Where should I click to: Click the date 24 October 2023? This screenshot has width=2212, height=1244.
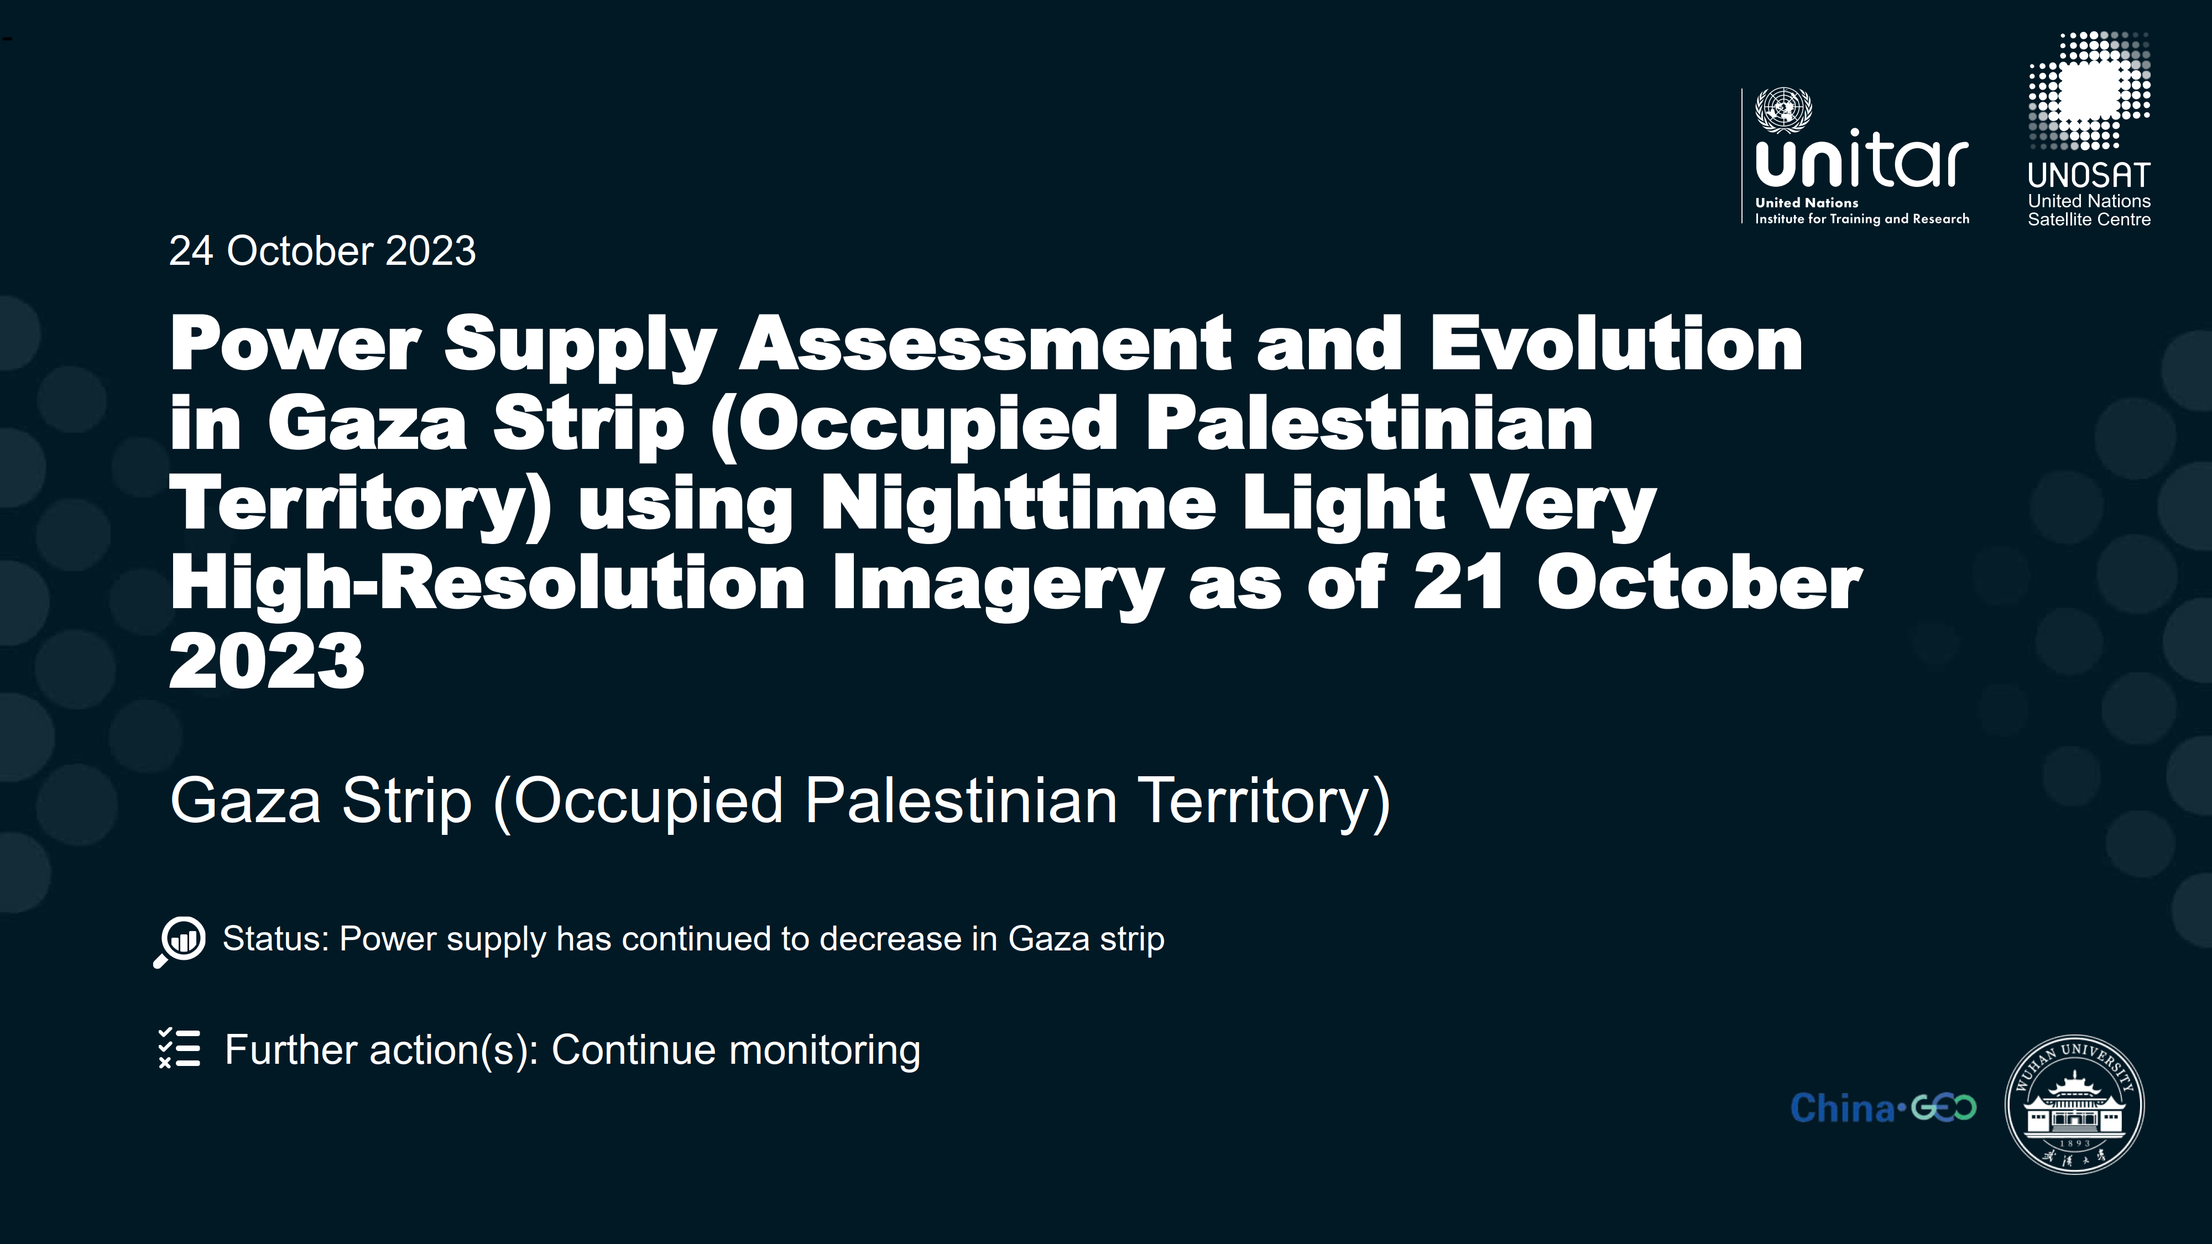point(322,250)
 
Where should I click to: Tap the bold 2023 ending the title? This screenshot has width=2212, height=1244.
point(267,661)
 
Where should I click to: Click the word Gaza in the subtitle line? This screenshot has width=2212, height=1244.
point(246,800)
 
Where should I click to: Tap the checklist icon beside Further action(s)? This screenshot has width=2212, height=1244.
point(180,1048)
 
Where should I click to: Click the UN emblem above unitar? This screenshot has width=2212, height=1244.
point(1783,110)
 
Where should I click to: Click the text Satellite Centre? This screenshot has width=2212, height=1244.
point(2089,220)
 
